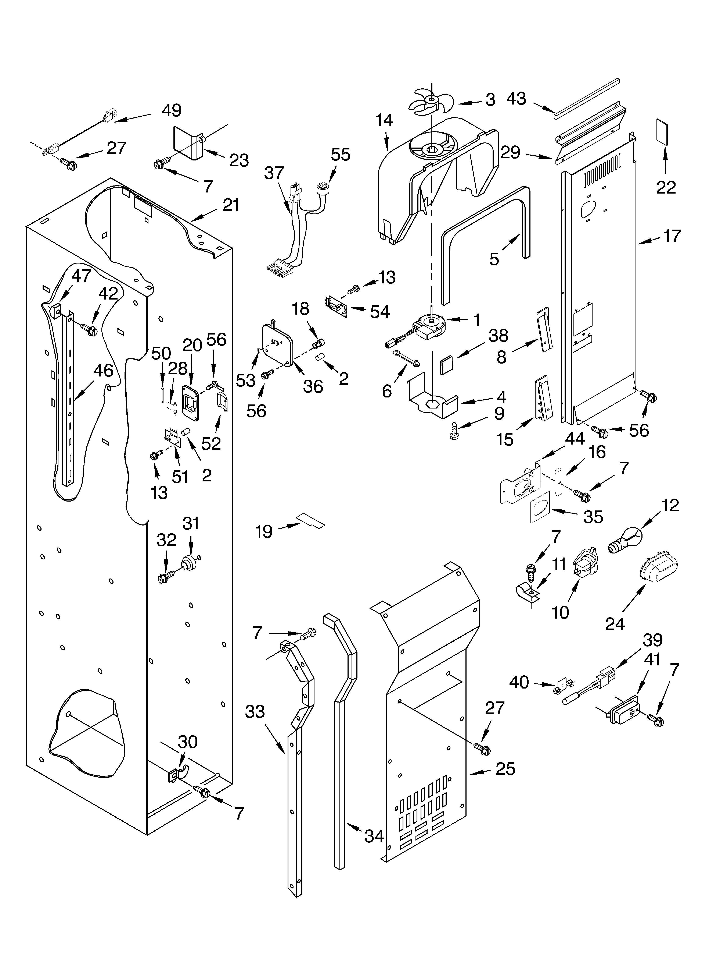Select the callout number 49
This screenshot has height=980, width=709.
coord(171,111)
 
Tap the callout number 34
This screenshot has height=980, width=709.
coord(374,836)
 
